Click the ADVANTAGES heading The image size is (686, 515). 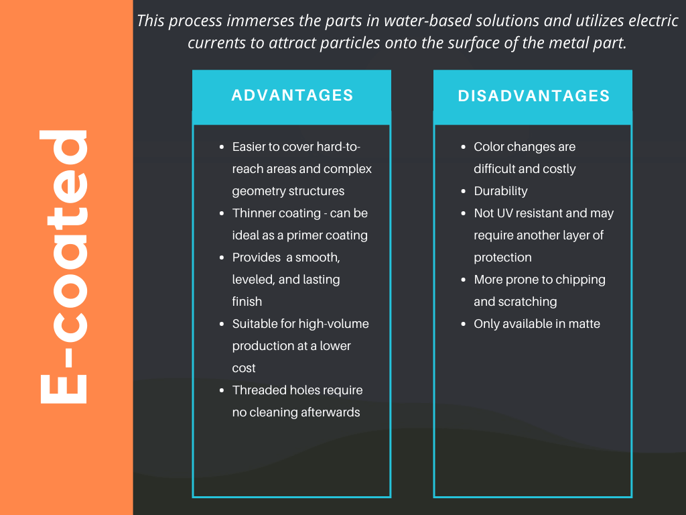coord(292,95)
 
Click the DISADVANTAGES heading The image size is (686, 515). coord(533,96)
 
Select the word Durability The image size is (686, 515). coord(500,191)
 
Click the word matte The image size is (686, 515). coord(584,324)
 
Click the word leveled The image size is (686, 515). coord(253,280)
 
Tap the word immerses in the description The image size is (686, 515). coord(260,21)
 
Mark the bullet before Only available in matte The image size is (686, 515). coord(464,324)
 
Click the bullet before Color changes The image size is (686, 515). coord(464,147)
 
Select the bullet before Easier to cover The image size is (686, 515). coord(222,147)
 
